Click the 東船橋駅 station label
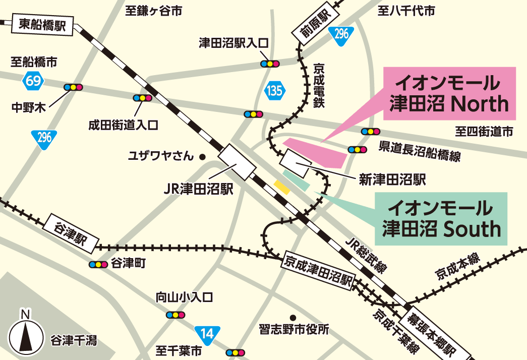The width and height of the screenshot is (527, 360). point(43,25)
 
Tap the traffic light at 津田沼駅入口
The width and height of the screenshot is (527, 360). point(270,64)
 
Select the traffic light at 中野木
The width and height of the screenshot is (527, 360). point(73,87)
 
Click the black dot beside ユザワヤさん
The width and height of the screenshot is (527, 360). point(202,157)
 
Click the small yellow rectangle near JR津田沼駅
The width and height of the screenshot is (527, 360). point(281,187)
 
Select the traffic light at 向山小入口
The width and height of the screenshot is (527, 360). point(175,315)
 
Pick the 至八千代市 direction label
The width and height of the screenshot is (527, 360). point(406,11)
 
